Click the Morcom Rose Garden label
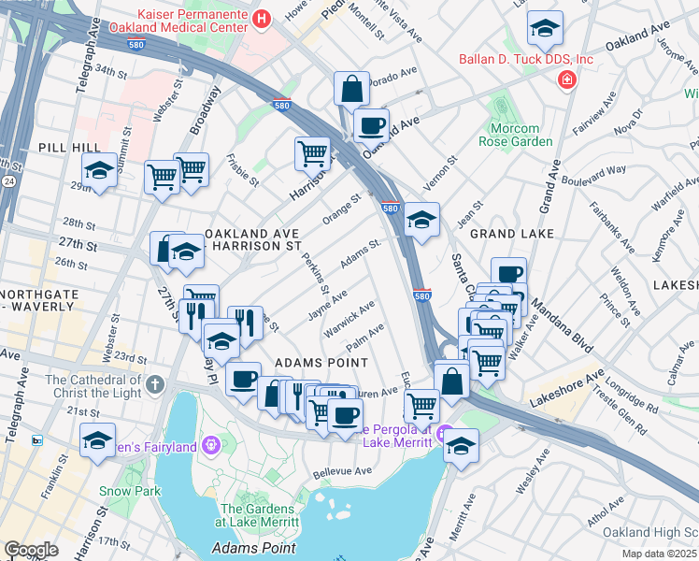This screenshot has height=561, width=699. click(x=515, y=135)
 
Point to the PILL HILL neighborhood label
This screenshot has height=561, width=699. click(x=63, y=148)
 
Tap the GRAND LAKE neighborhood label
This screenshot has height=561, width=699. click(x=512, y=232)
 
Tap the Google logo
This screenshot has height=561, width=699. click(x=31, y=550)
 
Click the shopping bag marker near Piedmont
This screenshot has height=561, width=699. click(x=351, y=91)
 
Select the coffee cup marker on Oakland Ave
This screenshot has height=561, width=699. click(x=371, y=124)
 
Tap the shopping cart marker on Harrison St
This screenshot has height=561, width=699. click(x=312, y=152)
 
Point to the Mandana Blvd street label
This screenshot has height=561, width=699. click(x=564, y=333)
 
